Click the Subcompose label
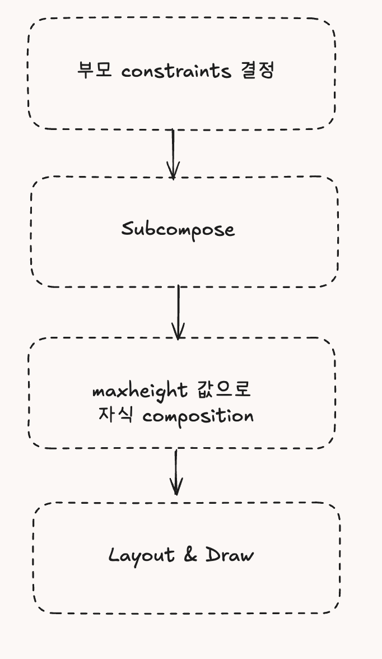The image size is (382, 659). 178,230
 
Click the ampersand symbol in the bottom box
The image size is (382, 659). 190,555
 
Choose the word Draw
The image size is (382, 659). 230,555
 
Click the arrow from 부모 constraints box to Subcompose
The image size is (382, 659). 173,151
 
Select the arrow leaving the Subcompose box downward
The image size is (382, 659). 178,311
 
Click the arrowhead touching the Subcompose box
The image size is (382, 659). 173,171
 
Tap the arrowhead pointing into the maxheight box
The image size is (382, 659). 178,332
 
